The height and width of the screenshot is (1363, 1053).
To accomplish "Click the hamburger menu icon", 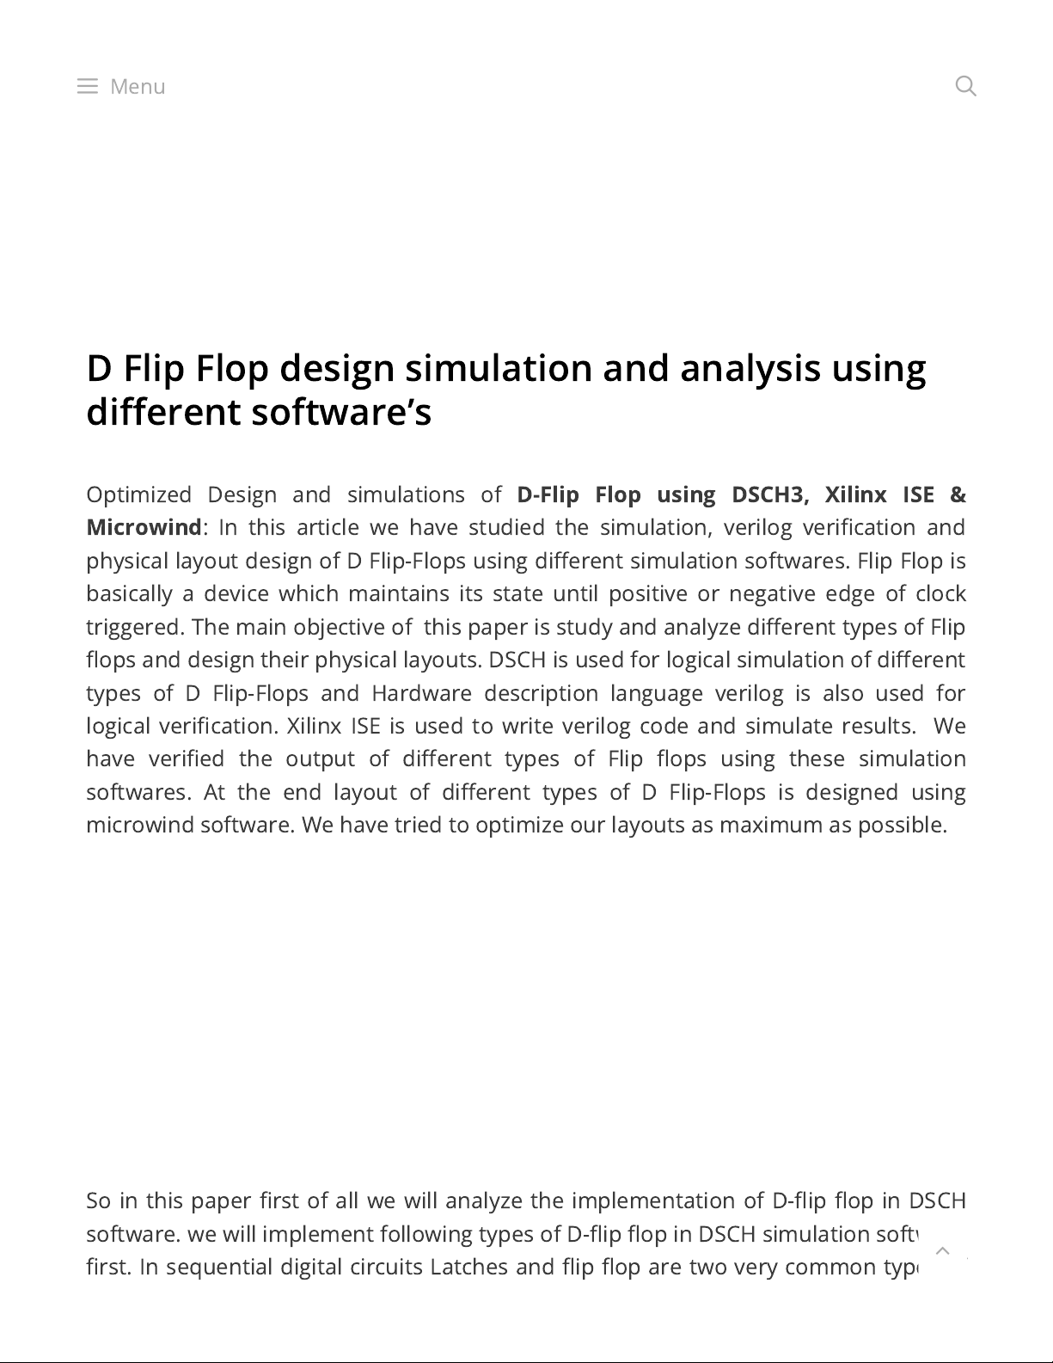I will tap(87, 86).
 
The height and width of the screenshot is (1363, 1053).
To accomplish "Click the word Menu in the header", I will tap(138, 86).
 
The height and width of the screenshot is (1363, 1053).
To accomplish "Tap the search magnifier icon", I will tap(965, 86).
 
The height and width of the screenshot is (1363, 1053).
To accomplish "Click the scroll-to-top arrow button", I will tap(942, 1250).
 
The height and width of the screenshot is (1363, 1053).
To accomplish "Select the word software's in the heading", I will tap(341, 412).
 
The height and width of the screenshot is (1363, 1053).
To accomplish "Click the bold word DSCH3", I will tap(769, 494).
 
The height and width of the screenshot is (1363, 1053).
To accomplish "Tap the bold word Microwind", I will tap(144, 527).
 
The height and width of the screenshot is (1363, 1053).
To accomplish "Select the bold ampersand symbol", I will tap(958, 494).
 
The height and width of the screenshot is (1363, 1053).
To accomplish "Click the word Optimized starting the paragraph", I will tap(138, 494).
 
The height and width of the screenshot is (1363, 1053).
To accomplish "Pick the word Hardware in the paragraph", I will tap(421, 693).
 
